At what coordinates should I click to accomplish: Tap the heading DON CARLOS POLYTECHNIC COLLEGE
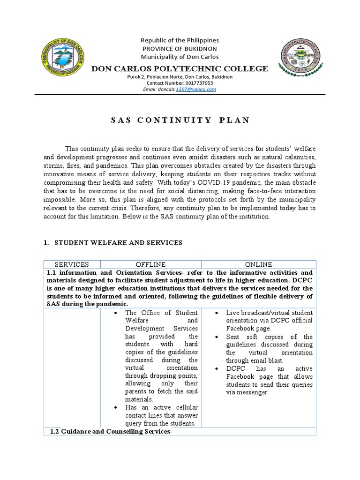point(180,69)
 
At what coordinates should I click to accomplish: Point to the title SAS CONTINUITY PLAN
point(180,120)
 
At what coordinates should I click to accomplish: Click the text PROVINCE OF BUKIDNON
point(180,49)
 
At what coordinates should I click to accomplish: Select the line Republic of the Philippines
point(180,41)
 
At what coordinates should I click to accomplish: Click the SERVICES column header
point(72,264)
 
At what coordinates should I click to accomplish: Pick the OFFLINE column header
point(150,264)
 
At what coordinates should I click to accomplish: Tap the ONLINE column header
point(259,264)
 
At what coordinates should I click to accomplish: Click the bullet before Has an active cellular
point(115,407)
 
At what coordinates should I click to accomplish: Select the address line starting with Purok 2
point(180,77)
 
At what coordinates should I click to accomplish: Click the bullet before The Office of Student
point(115,313)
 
